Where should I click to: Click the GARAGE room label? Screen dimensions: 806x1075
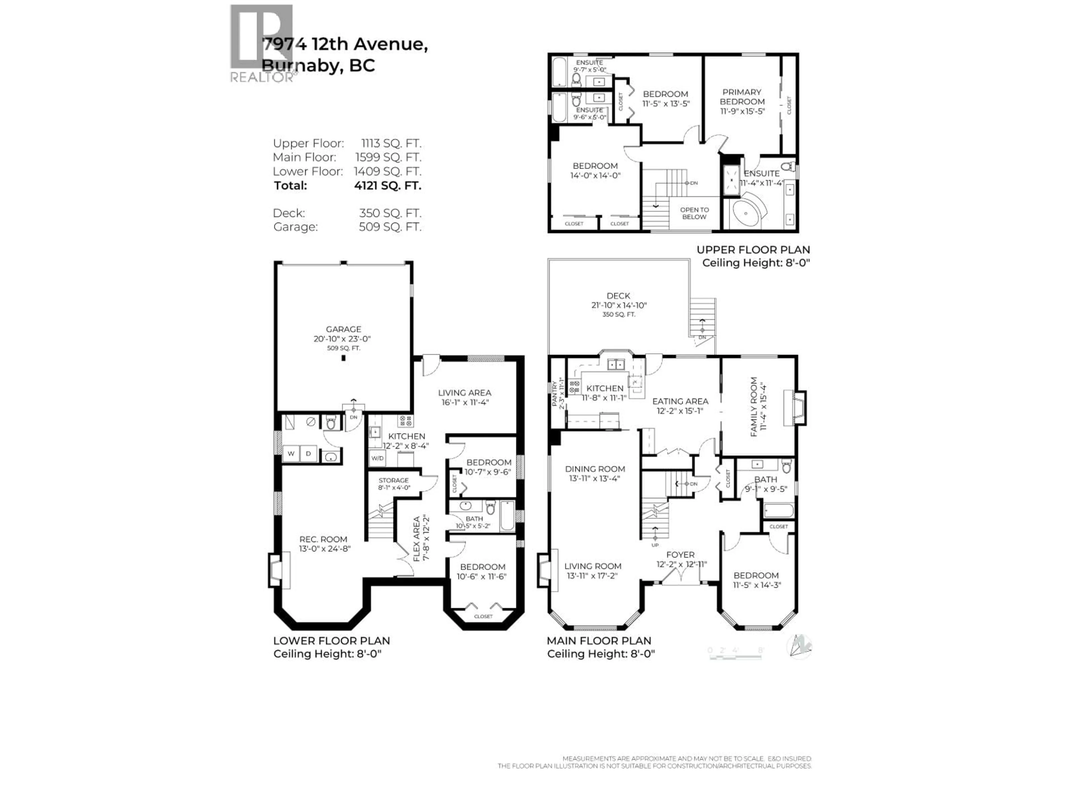pos(343,329)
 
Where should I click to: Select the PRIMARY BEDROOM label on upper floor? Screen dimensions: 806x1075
pos(742,97)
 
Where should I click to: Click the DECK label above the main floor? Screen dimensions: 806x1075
pos(618,295)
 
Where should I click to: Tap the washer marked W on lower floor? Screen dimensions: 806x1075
pos(291,454)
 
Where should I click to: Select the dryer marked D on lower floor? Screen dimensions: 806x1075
pos(309,454)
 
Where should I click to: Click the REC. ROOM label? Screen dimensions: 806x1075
pos(323,539)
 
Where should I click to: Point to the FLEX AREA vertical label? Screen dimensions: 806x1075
pos(417,539)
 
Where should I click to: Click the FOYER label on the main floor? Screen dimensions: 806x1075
pos(680,554)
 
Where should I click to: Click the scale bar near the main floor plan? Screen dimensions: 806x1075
pos(735,657)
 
